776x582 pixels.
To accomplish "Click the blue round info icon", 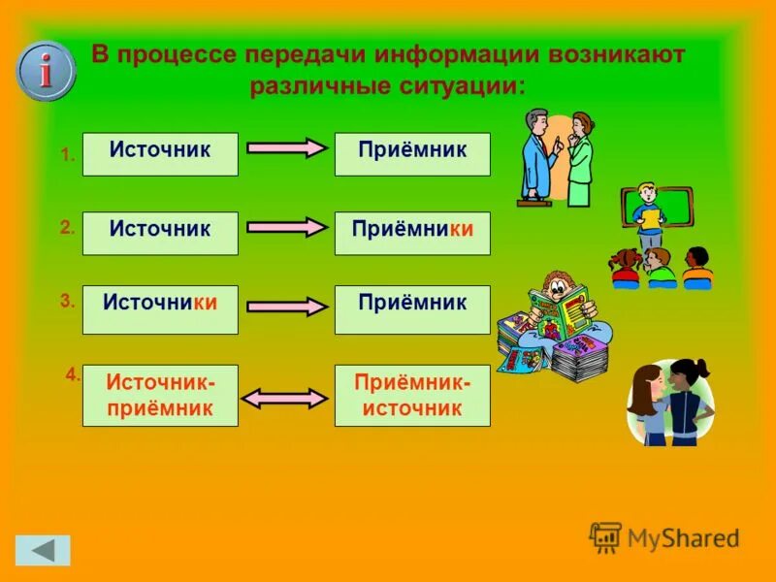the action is coord(46,71).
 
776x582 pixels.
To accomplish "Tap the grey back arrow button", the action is coord(43,550).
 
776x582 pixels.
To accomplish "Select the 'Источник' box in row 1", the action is coord(160,154).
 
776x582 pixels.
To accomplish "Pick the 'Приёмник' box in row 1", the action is coord(412,154).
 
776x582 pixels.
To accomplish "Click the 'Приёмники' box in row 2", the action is coord(412,233).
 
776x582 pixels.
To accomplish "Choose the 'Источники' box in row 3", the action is coord(160,309).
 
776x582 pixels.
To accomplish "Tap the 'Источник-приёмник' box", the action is coord(160,395).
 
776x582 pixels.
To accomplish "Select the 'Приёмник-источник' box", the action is coord(412,395).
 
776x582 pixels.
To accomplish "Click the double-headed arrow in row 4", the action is coord(285,397).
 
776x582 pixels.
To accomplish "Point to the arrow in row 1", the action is coord(286,148).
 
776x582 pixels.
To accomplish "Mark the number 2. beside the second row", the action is coord(67,228).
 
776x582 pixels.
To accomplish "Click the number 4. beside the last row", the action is coord(72,373).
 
